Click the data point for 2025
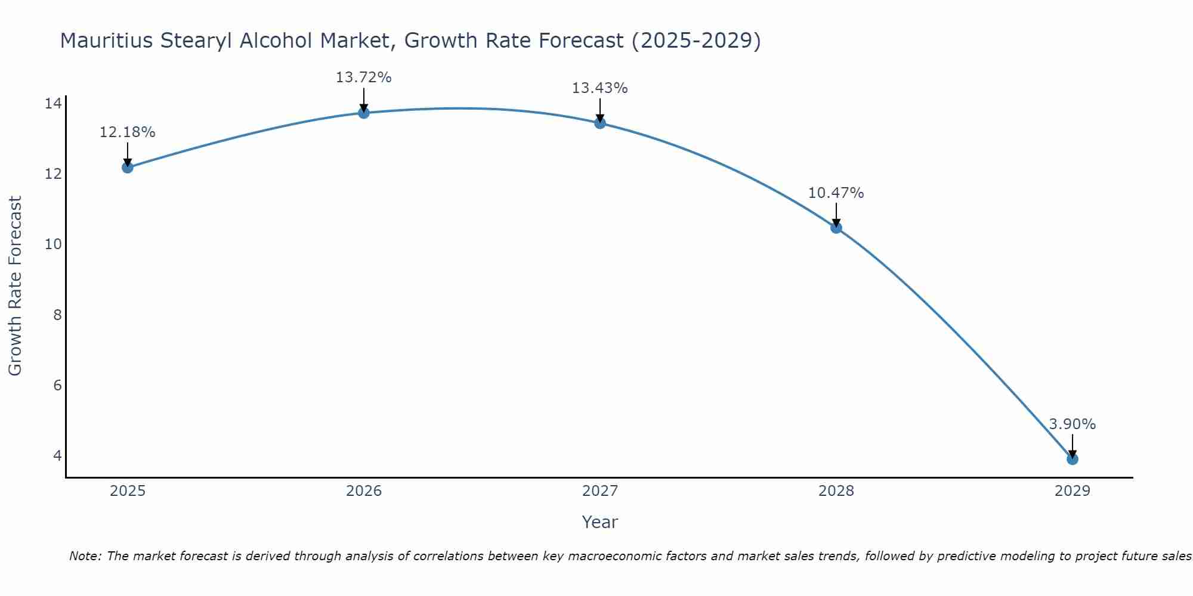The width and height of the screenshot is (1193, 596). [127, 167]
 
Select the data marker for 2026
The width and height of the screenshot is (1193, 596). [364, 113]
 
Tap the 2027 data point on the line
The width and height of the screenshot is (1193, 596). [600, 123]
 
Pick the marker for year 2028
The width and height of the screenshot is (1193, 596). [836, 227]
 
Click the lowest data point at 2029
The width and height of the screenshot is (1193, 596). [1073, 459]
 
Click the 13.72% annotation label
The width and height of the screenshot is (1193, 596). [363, 77]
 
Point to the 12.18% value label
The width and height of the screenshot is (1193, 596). [127, 132]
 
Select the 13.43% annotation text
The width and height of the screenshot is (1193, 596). [599, 88]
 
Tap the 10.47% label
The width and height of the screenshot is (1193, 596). [836, 193]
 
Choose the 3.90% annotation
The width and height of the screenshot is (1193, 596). [1072, 424]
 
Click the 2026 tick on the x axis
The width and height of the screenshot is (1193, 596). [364, 491]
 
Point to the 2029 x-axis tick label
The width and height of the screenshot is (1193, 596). [1073, 491]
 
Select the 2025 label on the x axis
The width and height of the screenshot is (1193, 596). [128, 491]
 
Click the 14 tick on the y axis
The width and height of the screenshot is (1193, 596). [53, 104]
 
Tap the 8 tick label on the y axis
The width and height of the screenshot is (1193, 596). [57, 315]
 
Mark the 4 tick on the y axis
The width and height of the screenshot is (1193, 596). [57, 455]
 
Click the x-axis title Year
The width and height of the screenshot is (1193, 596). [599, 522]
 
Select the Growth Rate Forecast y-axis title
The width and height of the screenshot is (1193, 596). [15, 286]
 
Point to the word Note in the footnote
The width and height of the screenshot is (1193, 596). [84, 556]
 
